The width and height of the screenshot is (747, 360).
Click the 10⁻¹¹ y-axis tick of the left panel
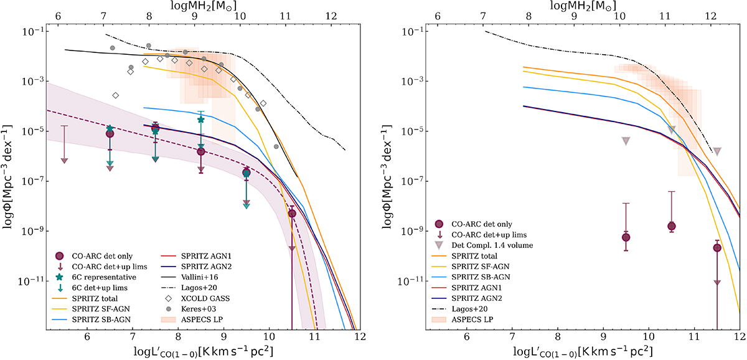(31, 282)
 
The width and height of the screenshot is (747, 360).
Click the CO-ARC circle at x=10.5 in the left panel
(292, 214)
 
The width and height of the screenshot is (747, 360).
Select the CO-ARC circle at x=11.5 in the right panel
(717, 247)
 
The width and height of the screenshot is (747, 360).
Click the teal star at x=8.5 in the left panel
(201, 120)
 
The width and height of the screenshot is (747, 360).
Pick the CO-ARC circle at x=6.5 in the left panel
(110, 133)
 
